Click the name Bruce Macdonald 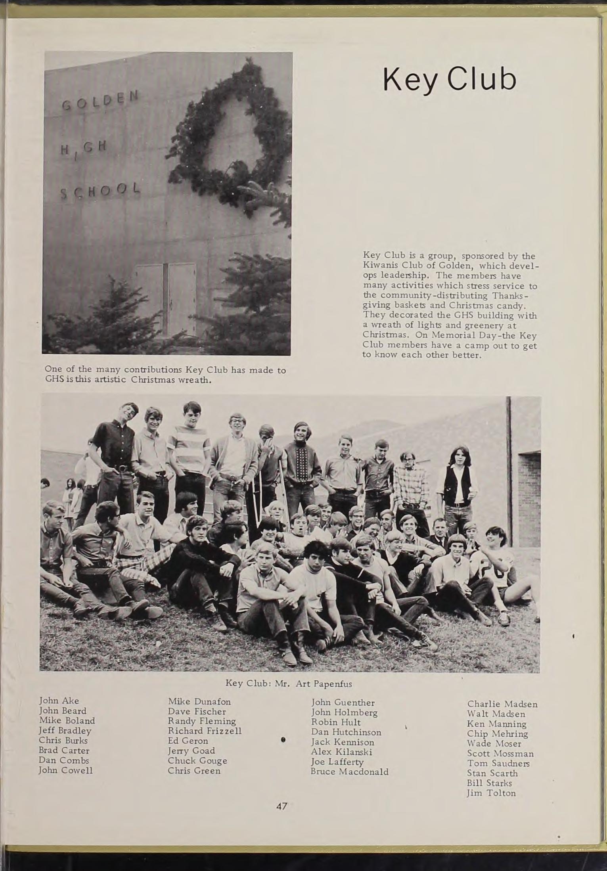tap(349, 771)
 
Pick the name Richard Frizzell tap(205, 731)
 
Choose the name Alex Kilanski tap(341, 752)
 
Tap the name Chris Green tap(194, 771)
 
